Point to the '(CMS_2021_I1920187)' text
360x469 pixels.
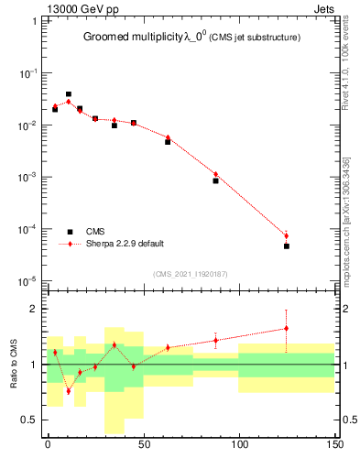tap(191, 274)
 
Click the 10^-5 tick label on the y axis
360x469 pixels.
tap(28, 281)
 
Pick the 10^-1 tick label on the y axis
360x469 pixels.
tap(28, 72)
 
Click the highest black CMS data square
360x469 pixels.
tap(69, 94)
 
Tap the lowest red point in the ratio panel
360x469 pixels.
tap(69, 391)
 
